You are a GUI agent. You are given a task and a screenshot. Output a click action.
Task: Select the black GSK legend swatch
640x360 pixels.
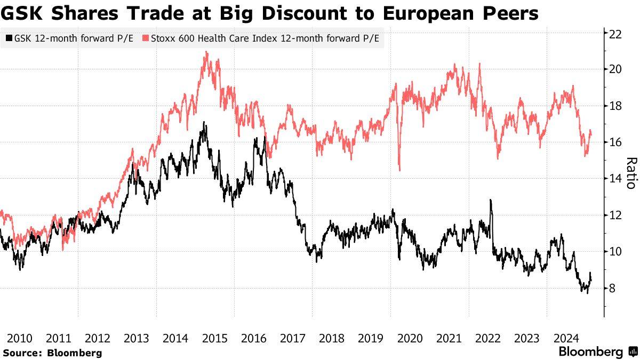click(8, 38)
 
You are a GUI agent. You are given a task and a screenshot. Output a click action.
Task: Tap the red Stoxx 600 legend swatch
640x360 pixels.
click(145, 38)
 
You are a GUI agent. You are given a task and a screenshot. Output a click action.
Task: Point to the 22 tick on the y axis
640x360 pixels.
click(617, 33)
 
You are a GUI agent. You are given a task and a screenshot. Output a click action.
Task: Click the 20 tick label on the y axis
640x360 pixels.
click(617, 69)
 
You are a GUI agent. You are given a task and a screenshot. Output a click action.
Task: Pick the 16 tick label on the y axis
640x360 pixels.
click(617, 142)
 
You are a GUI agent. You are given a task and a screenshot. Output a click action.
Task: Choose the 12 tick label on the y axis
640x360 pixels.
click(617, 215)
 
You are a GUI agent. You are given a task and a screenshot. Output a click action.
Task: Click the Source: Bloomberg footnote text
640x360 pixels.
click(52, 353)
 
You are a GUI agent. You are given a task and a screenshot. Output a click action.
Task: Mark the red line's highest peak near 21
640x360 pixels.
click(206, 52)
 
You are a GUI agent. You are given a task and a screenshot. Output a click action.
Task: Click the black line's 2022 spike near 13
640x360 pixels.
click(490, 201)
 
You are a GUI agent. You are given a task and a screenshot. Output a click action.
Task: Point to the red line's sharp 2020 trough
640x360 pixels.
click(399, 170)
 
